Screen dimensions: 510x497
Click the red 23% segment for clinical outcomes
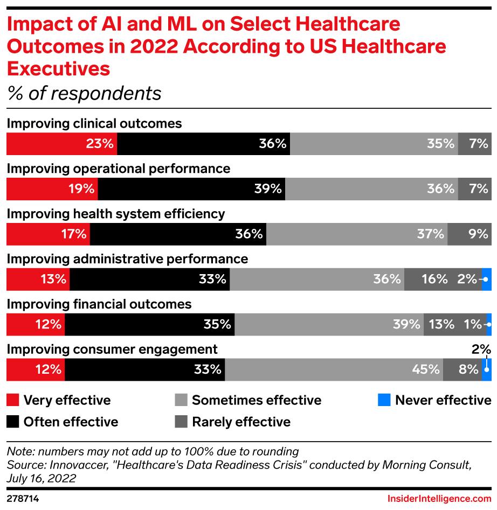coord(61,144)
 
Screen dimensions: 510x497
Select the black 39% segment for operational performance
coord(191,188)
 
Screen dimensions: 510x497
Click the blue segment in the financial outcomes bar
coord(489,324)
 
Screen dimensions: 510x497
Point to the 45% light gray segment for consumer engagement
coord(334,369)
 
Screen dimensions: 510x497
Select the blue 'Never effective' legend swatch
coord(383,400)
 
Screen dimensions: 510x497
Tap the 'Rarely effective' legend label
coord(241,422)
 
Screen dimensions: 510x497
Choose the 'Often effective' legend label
coord(71,422)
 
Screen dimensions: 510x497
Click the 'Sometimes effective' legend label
coord(257,400)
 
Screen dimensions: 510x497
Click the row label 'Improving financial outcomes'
coord(99,304)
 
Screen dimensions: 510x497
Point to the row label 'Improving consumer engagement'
coord(112,349)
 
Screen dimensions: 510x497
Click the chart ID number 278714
coord(23,499)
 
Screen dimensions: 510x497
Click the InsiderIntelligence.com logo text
coord(439,499)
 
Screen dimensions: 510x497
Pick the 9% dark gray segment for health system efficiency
coord(469,234)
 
